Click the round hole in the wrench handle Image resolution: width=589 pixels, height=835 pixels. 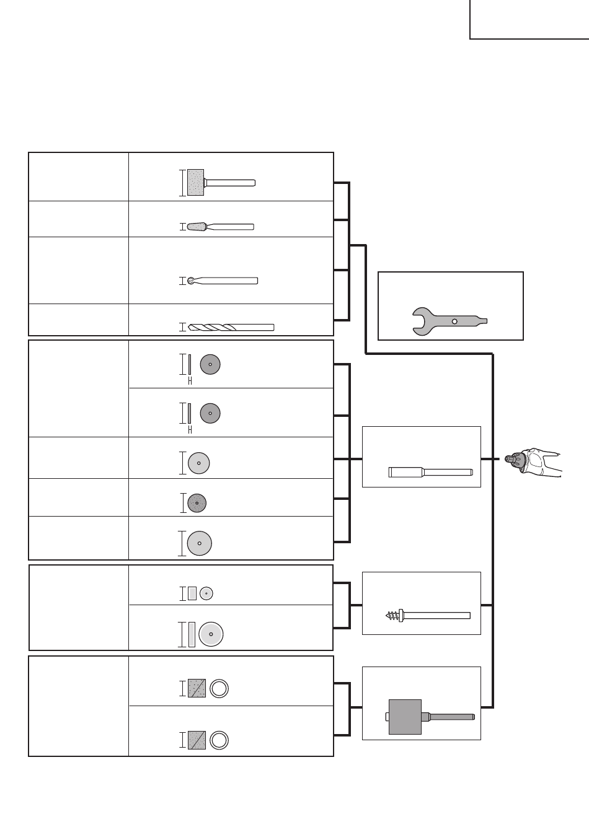(x=454, y=321)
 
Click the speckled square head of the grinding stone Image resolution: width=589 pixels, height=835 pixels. (x=196, y=183)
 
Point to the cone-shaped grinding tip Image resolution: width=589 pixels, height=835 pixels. (x=198, y=226)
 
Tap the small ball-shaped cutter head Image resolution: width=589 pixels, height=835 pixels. (x=190, y=281)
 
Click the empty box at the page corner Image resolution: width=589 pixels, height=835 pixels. (x=529, y=19)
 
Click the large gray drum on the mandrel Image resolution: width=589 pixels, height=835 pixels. (x=405, y=717)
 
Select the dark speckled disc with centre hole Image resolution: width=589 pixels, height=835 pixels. (x=197, y=503)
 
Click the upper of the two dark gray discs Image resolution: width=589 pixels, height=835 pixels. (x=210, y=364)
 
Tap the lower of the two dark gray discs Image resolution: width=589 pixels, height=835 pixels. (x=210, y=413)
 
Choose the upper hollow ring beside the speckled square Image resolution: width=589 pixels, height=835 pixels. (x=219, y=689)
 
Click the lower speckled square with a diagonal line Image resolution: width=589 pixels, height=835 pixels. (x=197, y=740)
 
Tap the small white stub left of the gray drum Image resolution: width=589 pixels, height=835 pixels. (x=387, y=717)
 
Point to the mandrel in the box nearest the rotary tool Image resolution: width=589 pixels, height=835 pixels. (x=430, y=472)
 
